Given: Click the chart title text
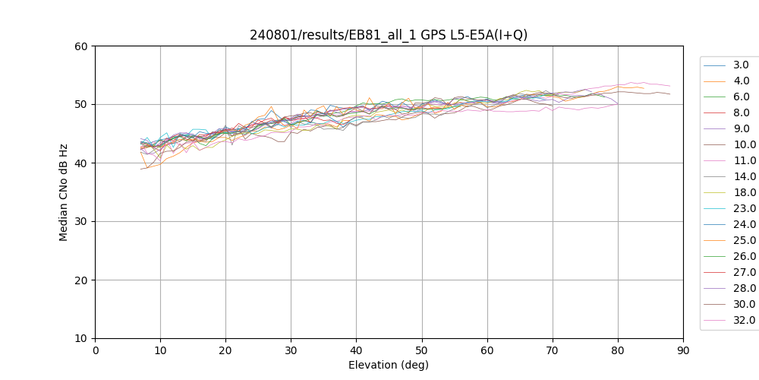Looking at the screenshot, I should [389, 35].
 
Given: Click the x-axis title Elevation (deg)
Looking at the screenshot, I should [389, 365].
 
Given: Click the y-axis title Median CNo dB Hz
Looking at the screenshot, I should [64, 192].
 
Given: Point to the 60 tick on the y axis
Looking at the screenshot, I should [95, 46].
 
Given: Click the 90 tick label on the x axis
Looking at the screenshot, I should [683, 350].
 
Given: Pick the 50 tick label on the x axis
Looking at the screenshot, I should [422, 350].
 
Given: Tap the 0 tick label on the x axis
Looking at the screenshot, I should [95, 350].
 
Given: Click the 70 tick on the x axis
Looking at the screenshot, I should [553, 338].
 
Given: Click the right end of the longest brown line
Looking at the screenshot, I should [670, 93].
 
